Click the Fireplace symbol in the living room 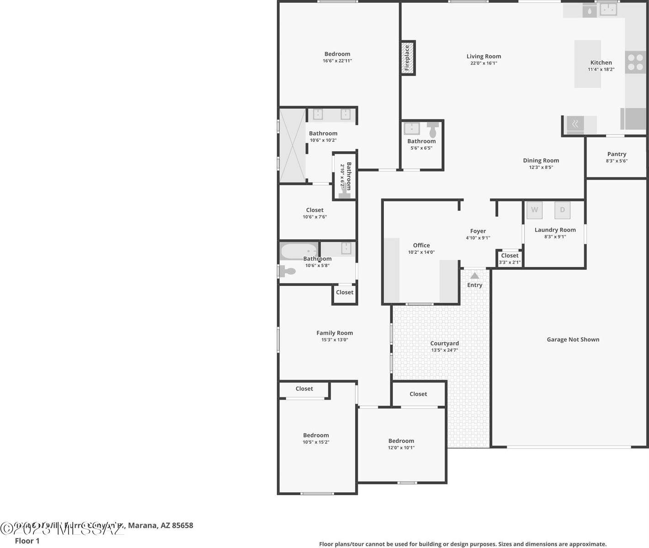coord(408,58)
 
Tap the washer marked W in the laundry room coord(534,210)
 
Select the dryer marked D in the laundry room coord(562,210)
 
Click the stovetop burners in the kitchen coord(635,62)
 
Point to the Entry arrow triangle coord(475,275)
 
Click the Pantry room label coord(617,154)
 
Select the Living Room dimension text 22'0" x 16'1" coord(484,63)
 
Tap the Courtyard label coord(444,344)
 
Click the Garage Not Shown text coord(573,339)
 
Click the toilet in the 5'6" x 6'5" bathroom coord(432,129)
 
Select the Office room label coord(421,245)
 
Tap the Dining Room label coord(541,161)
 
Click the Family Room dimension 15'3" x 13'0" coord(335,340)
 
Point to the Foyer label coord(478,231)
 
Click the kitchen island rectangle coord(587,64)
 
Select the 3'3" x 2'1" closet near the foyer coord(509,259)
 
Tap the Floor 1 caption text coord(27,541)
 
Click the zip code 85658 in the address coord(182,525)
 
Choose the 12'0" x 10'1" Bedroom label coord(401,441)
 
